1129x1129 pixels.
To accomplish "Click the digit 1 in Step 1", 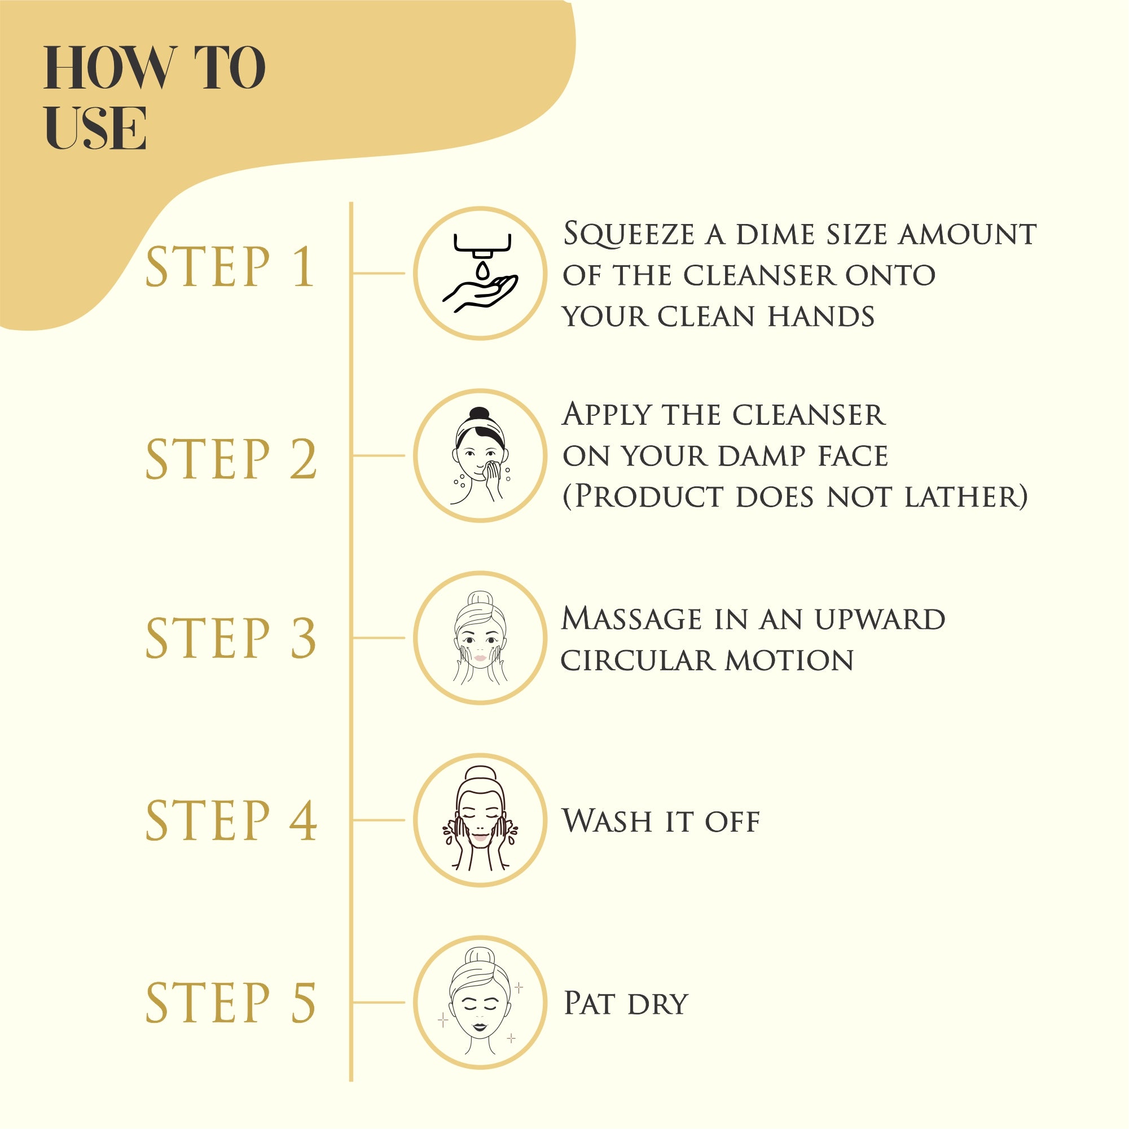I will [304, 267].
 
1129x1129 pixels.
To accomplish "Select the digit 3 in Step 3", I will [304, 638].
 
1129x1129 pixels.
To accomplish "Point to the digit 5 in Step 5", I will [304, 1003].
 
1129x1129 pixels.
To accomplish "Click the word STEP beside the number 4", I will [208, 820].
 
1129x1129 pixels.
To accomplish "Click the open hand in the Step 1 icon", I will [480, 292].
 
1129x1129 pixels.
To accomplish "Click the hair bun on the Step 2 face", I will [479, 414].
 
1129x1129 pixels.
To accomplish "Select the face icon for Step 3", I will [480, 638].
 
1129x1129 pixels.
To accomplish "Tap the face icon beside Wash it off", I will [480, 820].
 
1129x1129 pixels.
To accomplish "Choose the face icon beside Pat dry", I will [480, 1003].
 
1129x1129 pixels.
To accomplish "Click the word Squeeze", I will [629, 235].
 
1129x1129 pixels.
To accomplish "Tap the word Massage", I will [631, 619].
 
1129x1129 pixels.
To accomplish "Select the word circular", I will [637, 661].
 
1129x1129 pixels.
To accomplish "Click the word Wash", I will [607, 821].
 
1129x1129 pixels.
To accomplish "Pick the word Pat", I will [588, 1003].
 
